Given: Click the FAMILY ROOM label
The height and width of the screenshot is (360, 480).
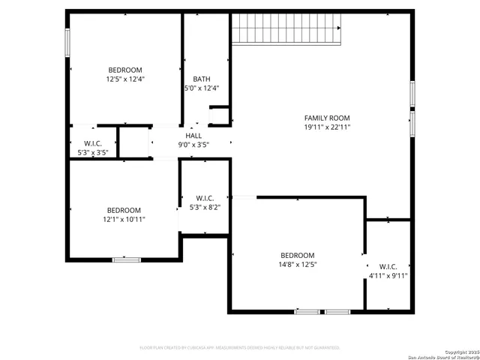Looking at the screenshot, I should [327, 118].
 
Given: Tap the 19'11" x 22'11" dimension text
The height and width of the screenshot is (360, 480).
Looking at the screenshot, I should [327, 127].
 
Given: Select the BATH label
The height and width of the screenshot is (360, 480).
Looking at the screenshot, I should [201, 79].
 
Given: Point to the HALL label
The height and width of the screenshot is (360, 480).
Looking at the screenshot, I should [193, 136].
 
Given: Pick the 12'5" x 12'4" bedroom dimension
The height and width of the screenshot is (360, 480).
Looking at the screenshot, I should [125, 78].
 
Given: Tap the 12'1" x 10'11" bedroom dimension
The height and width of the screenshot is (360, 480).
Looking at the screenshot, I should [124, 219].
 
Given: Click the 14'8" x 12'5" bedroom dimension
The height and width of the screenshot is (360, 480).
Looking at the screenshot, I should [298, 264].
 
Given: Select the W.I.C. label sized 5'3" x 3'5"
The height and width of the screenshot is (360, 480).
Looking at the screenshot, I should [93, 143].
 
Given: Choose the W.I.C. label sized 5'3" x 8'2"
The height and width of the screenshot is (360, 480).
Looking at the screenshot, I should [205, 198].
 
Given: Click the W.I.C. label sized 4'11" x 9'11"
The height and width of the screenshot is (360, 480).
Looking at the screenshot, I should [388, 266].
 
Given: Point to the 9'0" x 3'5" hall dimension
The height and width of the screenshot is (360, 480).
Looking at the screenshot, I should [193, 144].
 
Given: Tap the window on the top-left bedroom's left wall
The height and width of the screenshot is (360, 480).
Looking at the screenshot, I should [67, 41].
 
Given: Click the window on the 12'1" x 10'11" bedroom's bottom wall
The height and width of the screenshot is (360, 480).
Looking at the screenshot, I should [126, 259].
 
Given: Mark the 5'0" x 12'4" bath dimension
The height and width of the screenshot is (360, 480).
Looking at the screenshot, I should [201, 88].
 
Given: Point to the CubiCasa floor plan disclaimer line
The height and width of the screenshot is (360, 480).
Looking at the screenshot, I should [240, 348].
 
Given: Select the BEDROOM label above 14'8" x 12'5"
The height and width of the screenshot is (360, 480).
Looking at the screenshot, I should [298, 255].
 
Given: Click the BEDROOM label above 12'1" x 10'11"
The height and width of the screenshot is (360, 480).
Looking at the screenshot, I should [124, 210].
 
